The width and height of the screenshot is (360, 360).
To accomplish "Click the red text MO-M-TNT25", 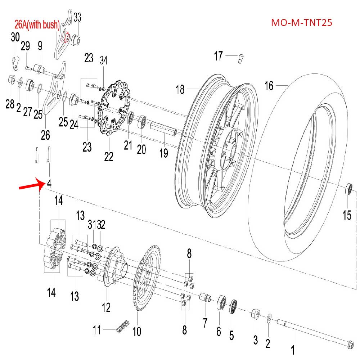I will pos(301,23).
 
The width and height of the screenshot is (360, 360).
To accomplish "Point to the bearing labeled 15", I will pos(349,189).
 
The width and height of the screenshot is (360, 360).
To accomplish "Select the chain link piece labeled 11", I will pos(122,329).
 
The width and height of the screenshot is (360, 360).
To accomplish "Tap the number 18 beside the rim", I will pos(180,89).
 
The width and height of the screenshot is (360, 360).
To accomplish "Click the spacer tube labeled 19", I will pos(163,129).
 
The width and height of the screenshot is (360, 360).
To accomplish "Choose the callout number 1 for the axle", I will pos(293,350).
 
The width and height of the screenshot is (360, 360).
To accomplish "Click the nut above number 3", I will pos(255,314).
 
